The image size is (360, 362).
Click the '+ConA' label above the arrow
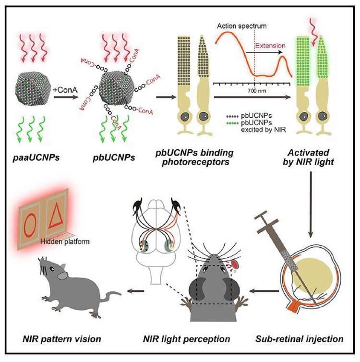pyautogui.click(x=65, y=90)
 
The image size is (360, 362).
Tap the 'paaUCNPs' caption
pyautogui.click(x=36, y=157)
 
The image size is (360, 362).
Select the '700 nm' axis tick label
pyautogui.click(x=257, y=91)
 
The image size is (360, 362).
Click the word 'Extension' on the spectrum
pyautogui.click(x=270, y=46)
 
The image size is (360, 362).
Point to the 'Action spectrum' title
pyautogui.click(x=241, y=26)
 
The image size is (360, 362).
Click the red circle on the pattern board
pyautogui.click(x=30, y=225)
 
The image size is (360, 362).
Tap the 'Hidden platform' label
pyautogui.click(x=65, y=241)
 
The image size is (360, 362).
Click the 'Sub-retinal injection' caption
pyautogui.click(x=300, y=339)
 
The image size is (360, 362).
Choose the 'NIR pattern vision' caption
pyautogui.click(x=62, y=339)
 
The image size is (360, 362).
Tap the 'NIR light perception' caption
pyautogui.click(x=186, y=339)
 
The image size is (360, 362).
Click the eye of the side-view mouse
pyautogui.click(x=53, y=269)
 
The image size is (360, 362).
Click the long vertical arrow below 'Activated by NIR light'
pyautogui.click(x=311, y=205)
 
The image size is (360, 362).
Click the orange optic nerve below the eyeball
pyautogui.click(x=294, y=307)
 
